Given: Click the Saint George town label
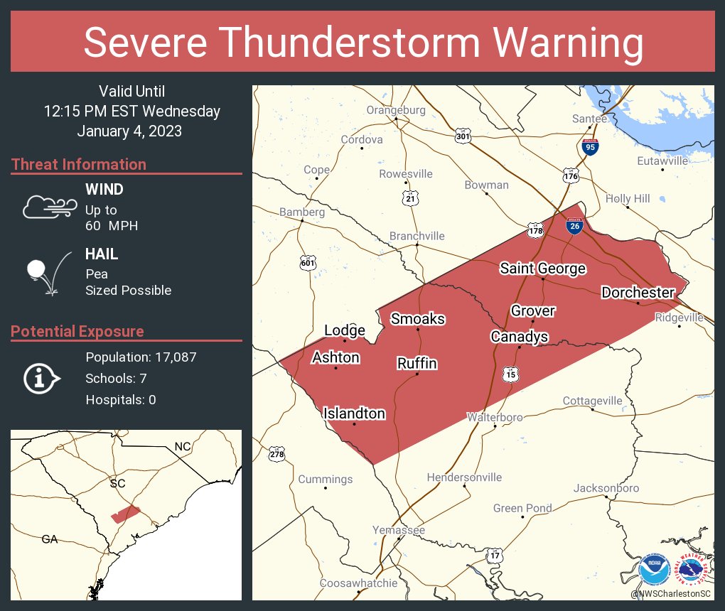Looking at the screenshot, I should point(542,268).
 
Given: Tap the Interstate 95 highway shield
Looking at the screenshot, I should point(590,147).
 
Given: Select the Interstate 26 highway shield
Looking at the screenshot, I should point(575,226).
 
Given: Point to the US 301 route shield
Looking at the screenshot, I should point(463,136).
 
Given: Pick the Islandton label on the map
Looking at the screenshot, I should point(354,413).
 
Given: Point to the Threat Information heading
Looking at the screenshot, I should point(79,164).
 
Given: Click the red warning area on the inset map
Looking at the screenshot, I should point(127,514).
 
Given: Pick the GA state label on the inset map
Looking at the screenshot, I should point(49,539).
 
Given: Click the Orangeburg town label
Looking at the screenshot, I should point(396,110).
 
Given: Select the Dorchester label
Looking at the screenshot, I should point(638,292).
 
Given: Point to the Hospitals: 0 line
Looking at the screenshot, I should point(121,400).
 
